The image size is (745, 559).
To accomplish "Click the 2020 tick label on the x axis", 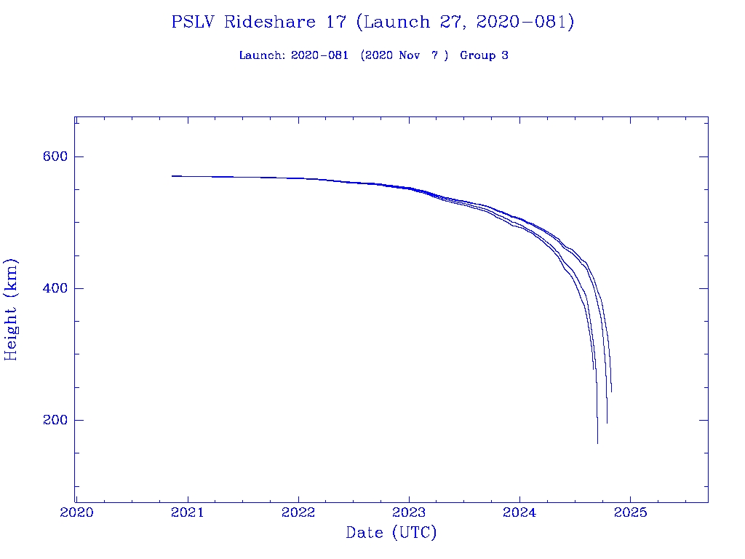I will (x=76, y=512).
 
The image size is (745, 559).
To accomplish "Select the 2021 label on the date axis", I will (x=188, y=512).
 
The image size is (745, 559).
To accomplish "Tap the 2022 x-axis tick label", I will (x=298, y=512).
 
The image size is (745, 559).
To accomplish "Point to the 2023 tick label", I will (x=409, y=512).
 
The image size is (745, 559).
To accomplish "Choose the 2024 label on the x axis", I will (x=519, y=512).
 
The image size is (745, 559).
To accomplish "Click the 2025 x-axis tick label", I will (x=630, y=512).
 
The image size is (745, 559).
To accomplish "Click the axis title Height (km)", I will (x=12, y=309).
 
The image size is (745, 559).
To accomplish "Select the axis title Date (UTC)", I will (x=391, y=534).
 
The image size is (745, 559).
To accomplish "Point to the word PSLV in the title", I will (x=194, y=23).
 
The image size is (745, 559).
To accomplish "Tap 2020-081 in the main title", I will (x=525, y=23).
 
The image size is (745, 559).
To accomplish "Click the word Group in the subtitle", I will (x=477, y=55).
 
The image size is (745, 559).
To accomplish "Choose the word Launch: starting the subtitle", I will (x=262, y=55).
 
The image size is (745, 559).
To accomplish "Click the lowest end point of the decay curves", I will (x=597, y=443).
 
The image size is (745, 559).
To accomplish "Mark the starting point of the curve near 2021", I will (x=172, y=175).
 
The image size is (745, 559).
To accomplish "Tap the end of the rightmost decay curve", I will (x=611, y=392).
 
